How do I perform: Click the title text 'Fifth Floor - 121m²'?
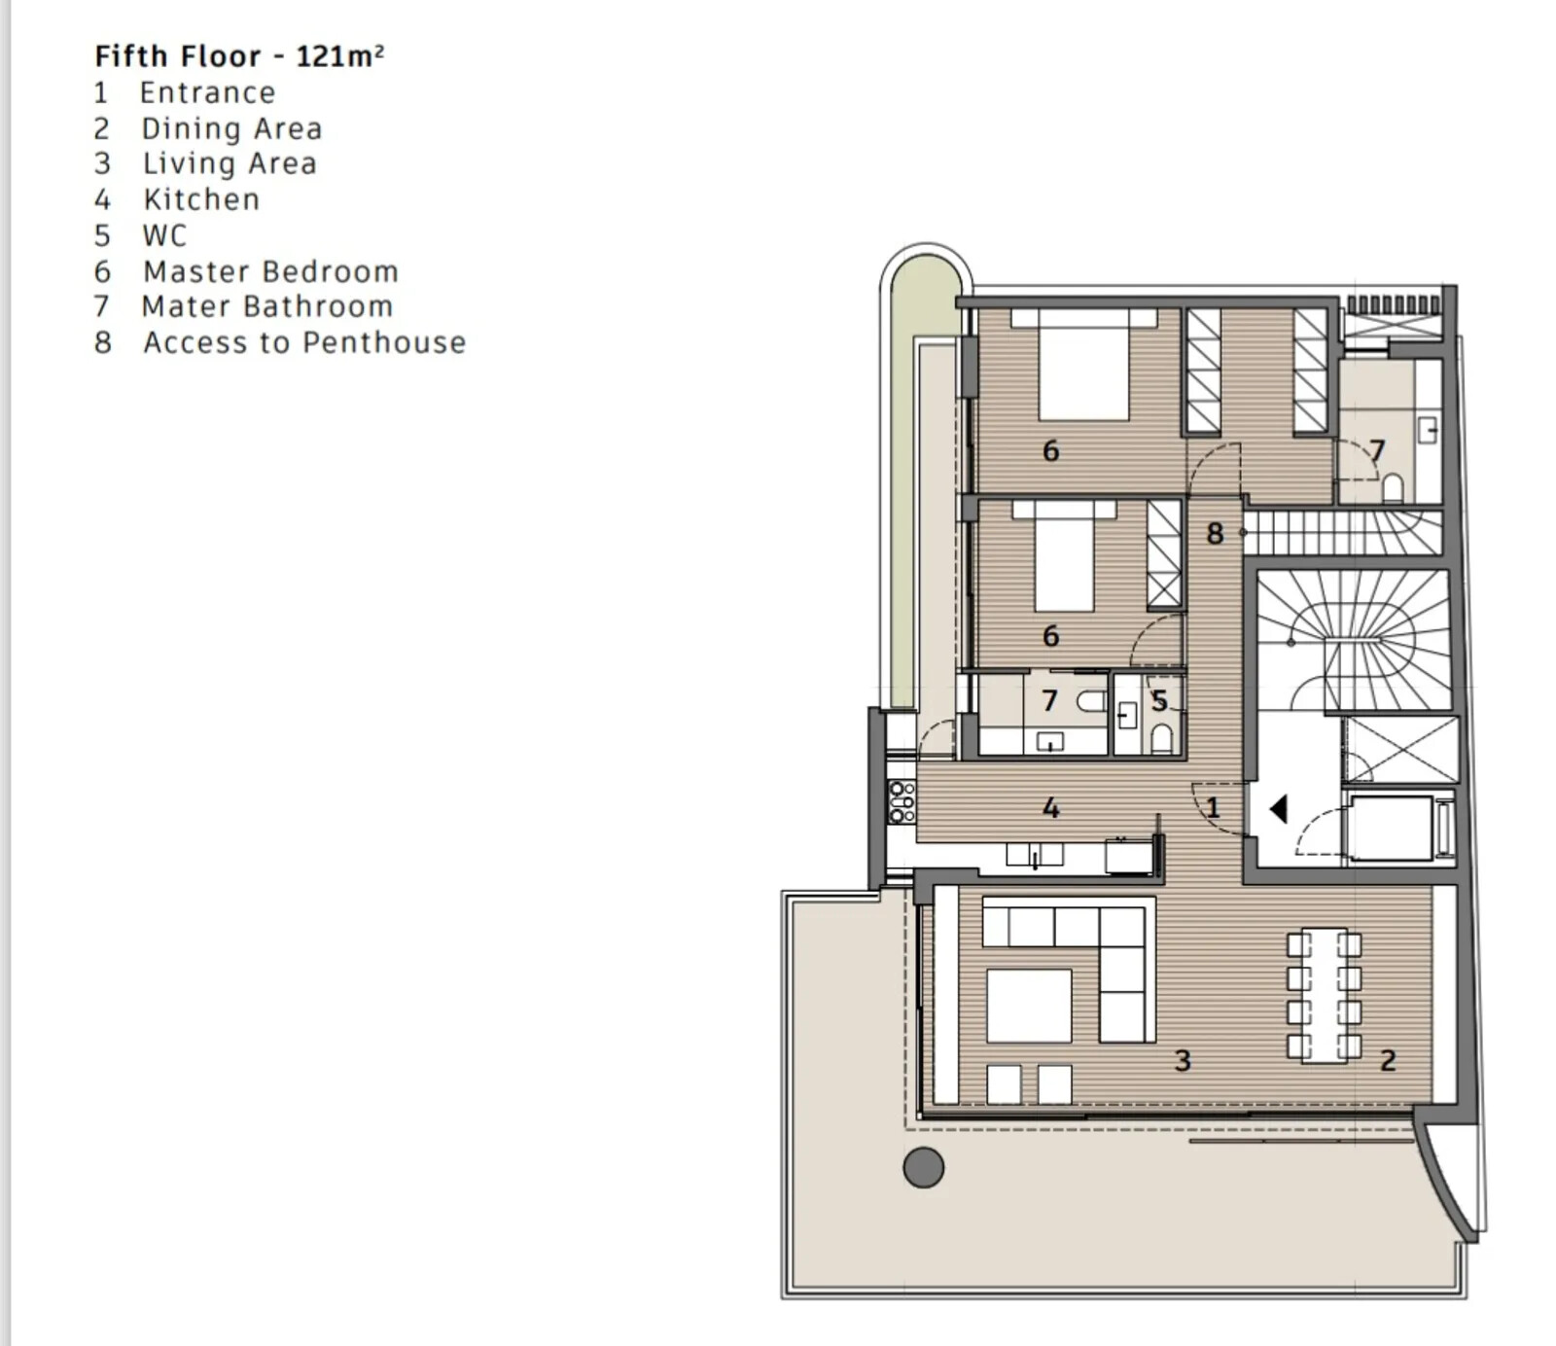239,56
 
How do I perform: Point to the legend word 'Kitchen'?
201,199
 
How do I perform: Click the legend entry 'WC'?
163,235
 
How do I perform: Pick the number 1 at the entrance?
1212,807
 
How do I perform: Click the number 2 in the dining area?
1388,1060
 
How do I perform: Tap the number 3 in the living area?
1183,1060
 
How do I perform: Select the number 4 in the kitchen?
1050,807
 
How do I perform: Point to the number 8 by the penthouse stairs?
1215,533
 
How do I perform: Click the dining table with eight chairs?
1324,995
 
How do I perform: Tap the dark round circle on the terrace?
923,1167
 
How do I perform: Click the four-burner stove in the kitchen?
902,802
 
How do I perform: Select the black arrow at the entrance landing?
1279,808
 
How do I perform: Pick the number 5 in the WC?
1159,700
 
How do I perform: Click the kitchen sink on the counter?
1034,855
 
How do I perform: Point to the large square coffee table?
1029,1005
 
